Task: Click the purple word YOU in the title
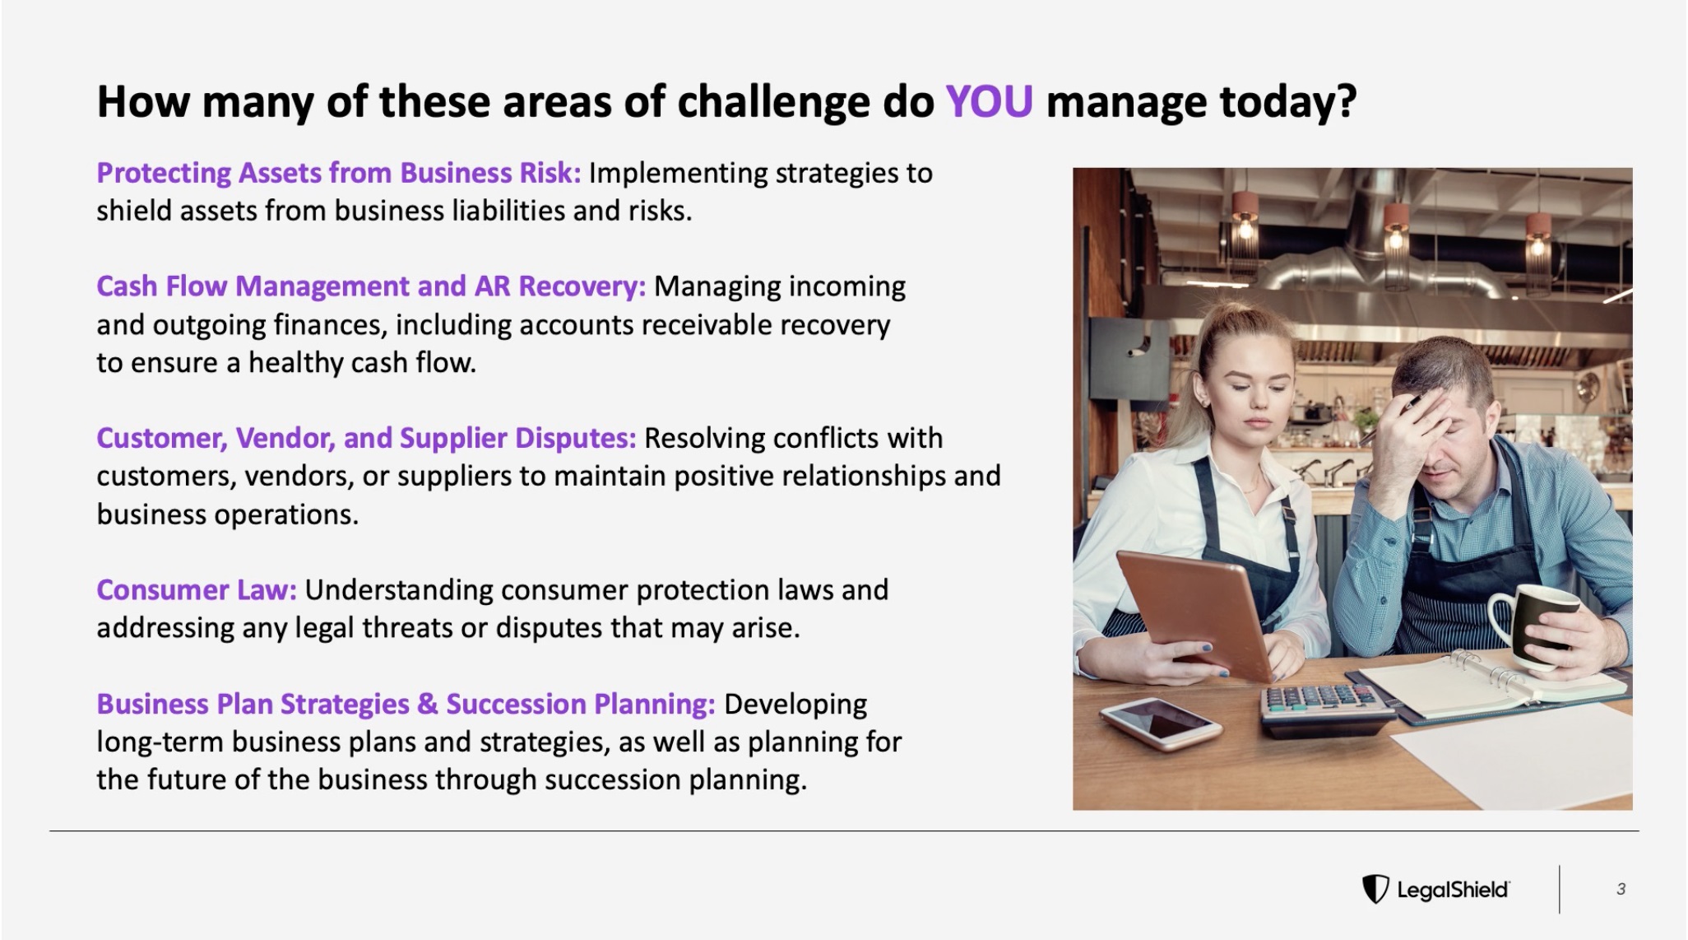pyautogui.click(x=989, y=101)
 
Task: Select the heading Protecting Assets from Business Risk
pyautogui.click(x=339, y=173)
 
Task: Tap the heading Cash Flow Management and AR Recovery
pyautogui.click(x=371, y=286)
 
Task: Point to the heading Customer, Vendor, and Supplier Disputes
pyautogui.click(x=366, y=438)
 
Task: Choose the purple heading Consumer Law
pyautogui.click(x=197, y=589)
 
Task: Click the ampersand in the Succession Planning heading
pyautogui.click(x=427, y=704)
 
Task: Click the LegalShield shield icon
pyautogui.click(x=1375, y=889)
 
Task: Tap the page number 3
pyautogui.click(x=1621, y=889)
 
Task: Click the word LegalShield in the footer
pyautogui.click(x=1453, y=890)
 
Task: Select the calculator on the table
pyautogui.click(x=1324, y=710)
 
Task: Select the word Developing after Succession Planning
pyautogui.click(x=795, y=705)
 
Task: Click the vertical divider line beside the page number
pyautogui.click(x=1559, y=889)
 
